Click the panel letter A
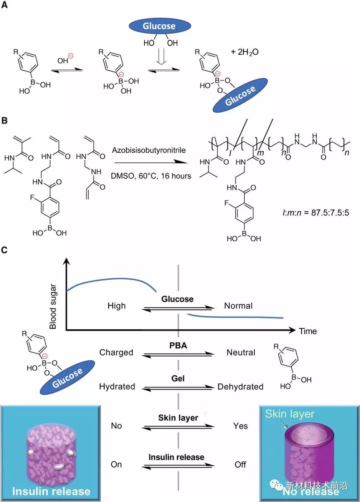4,5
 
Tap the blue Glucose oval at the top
160,26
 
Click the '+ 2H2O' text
245,52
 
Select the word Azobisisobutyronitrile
149,150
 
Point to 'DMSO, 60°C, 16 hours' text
151,176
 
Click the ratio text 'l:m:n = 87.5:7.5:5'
316,212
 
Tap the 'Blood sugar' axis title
53,306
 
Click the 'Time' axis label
308,331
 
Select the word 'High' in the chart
117,306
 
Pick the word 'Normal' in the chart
238,306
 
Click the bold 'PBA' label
178,345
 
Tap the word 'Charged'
116,352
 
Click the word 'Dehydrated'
240,387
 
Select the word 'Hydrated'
117,387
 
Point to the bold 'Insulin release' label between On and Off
177,457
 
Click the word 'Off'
240,465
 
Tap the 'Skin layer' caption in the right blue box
290,414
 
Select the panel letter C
4,250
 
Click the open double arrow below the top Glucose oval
161,56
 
